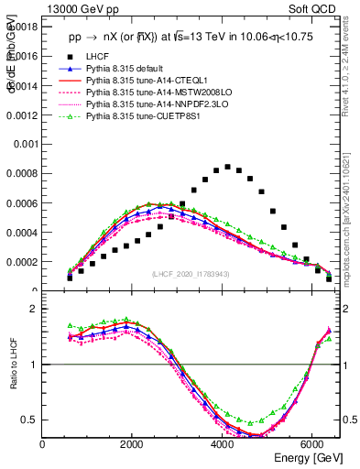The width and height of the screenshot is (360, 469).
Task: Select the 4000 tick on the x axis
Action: [x=223, y=445]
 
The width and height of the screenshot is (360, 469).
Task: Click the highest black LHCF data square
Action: [x=227, y=167]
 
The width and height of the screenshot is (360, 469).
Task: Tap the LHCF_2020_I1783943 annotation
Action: [x=191, y=274]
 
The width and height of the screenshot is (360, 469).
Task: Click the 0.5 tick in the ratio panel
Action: [x=29, y=420]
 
